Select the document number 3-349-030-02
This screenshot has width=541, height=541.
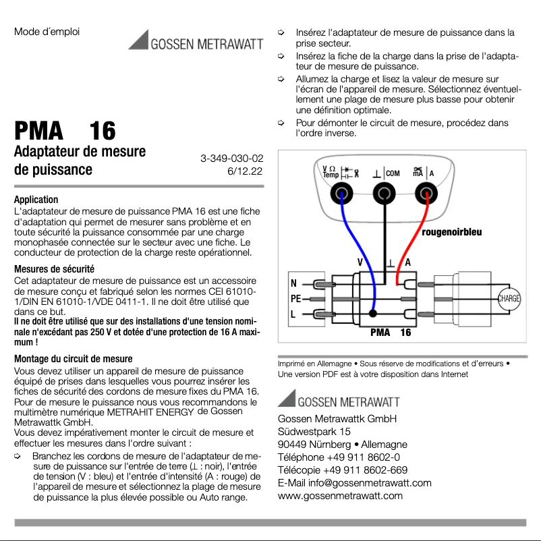point(231,158)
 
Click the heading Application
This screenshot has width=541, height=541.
point(36,200)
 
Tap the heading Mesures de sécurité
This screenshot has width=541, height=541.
point(54,268)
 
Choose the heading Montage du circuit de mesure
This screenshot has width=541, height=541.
point(73,359)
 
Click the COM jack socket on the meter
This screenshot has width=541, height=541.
point(385,195)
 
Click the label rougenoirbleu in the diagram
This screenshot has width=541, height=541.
point(451,233)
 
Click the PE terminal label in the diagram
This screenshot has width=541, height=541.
point(295,298)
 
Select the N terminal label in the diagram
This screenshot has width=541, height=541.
point(293,283)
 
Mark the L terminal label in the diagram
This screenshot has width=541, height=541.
point(293,314)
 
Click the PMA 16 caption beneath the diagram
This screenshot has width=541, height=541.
point(391,333)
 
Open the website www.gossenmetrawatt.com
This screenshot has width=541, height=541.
point(340,496)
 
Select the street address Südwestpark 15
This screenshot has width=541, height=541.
point(314,432)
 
